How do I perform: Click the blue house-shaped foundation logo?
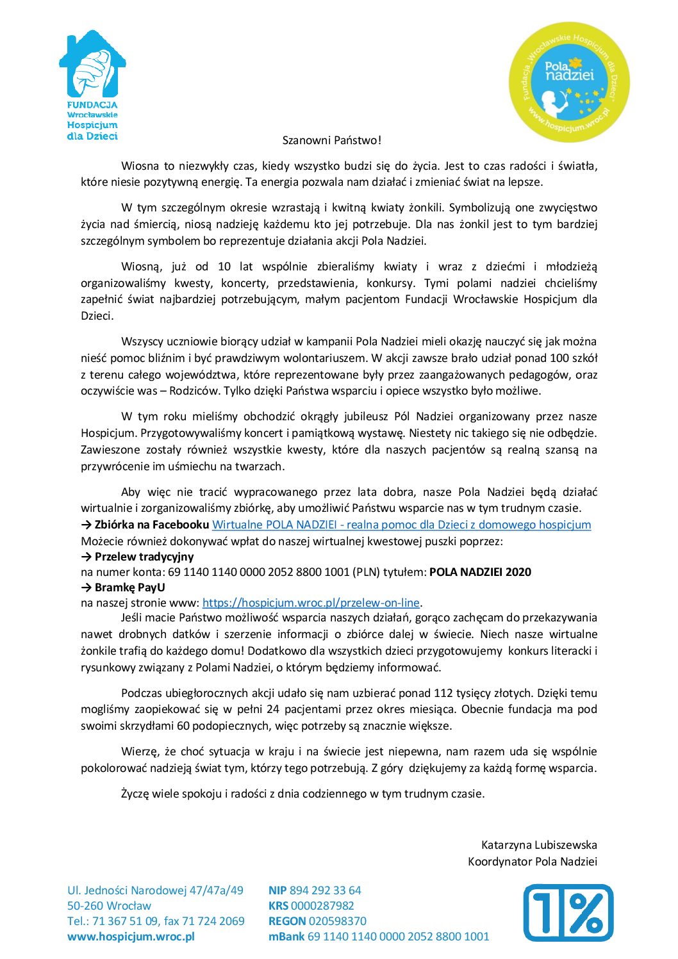(93, 83)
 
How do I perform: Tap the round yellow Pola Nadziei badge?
(569, 82)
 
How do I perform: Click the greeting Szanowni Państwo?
(332, 140)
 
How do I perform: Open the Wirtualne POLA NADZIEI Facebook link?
(401, 525)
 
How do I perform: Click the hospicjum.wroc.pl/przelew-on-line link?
(311, 603)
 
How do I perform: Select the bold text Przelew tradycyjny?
(144, 557)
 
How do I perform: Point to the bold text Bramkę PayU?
(129, 587)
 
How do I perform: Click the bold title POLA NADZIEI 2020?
(480, 572)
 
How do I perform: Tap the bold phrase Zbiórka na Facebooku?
(151, 525)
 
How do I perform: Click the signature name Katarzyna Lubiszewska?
(539, 845)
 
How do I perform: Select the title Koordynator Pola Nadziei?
(532, 862)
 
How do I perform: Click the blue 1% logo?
(568, 913)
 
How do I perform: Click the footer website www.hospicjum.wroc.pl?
(131, 937)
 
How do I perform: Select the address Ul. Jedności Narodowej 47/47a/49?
(155, 890)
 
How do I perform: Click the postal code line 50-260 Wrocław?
(109, 906)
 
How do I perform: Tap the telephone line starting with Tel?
(156, 921)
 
